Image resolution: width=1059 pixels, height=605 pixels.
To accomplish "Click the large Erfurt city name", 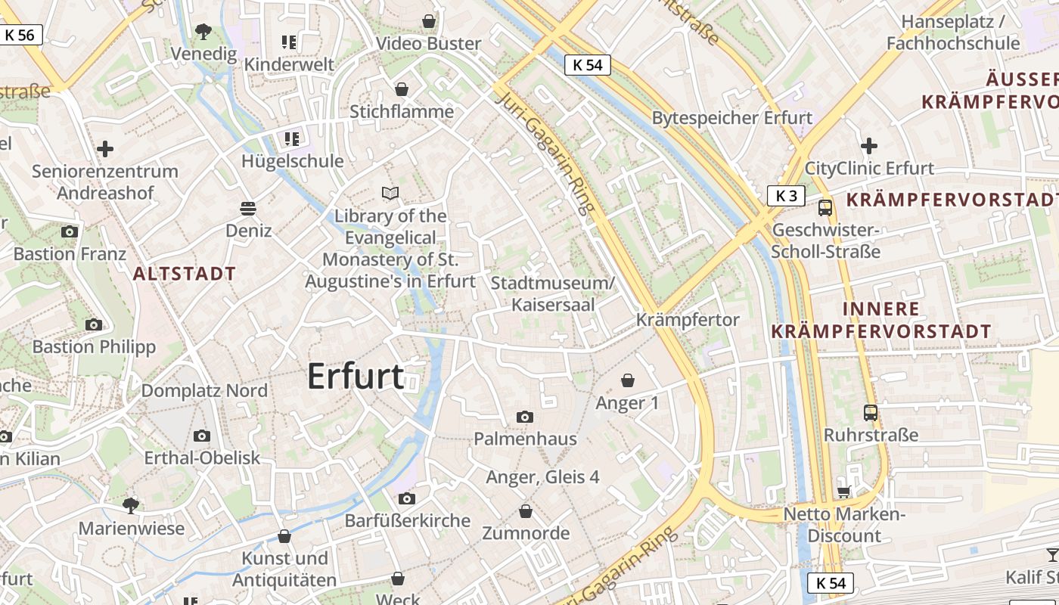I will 356,376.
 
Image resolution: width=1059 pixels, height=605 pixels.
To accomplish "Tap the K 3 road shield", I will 787,196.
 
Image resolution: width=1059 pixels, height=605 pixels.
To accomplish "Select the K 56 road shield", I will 20,35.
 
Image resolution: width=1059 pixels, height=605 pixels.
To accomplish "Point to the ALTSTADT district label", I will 185,274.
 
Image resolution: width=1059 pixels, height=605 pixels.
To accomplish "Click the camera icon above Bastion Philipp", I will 94,324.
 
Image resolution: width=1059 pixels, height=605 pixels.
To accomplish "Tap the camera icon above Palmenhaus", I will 524,417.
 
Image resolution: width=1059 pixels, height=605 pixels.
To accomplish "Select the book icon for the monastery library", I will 390,194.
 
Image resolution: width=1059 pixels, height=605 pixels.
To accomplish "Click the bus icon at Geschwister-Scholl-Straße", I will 825,208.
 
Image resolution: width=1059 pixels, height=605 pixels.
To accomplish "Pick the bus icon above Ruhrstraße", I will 871,412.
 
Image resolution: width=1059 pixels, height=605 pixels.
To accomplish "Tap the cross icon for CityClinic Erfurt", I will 869,145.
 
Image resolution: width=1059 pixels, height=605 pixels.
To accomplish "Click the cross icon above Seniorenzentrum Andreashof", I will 105,148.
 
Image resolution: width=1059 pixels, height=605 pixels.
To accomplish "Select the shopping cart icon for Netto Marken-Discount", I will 844,492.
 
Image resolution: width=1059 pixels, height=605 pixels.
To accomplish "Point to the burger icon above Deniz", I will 248,207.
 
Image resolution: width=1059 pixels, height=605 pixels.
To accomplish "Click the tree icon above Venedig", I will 203,32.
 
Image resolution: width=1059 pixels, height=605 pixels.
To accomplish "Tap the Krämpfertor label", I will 687,320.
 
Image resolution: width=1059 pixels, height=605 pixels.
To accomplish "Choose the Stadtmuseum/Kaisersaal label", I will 553,293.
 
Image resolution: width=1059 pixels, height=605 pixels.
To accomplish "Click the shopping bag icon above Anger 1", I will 627,380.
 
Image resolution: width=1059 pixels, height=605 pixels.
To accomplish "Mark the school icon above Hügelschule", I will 291,138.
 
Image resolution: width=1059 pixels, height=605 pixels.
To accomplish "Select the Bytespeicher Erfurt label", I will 731,118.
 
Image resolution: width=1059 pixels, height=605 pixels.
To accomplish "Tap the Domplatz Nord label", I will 204,390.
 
